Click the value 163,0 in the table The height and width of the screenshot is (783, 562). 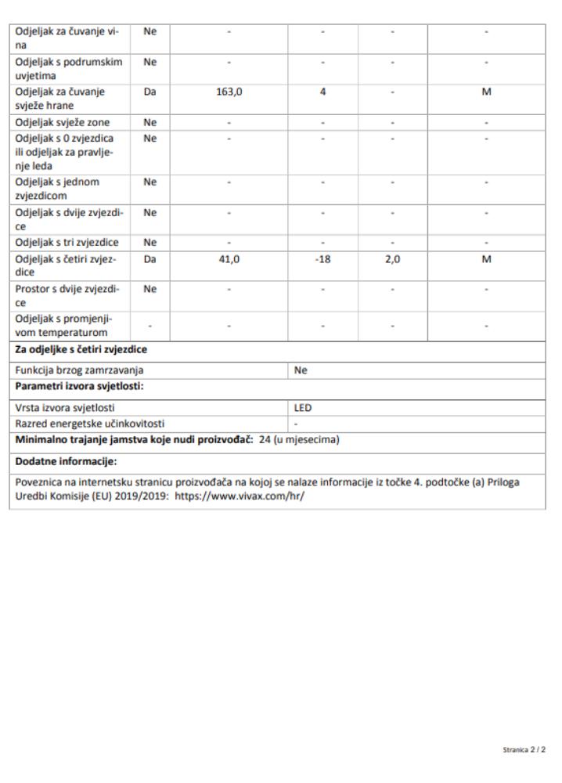pos(229,92)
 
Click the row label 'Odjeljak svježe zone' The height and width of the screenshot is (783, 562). pos(63,122)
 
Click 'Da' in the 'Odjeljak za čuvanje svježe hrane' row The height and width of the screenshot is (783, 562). pos(150,92)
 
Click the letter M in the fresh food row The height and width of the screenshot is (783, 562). pos(486,92)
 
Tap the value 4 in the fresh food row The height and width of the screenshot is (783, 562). pos(322,92)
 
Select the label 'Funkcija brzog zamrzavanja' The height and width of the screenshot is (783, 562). pos(81,372)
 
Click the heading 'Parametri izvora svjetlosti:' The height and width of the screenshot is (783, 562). pos(72,388)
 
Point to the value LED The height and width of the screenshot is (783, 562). pos(302,408)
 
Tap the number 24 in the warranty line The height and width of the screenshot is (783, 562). pos(265,439)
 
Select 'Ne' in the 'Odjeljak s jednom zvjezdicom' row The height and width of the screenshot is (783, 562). pos(150,182)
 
